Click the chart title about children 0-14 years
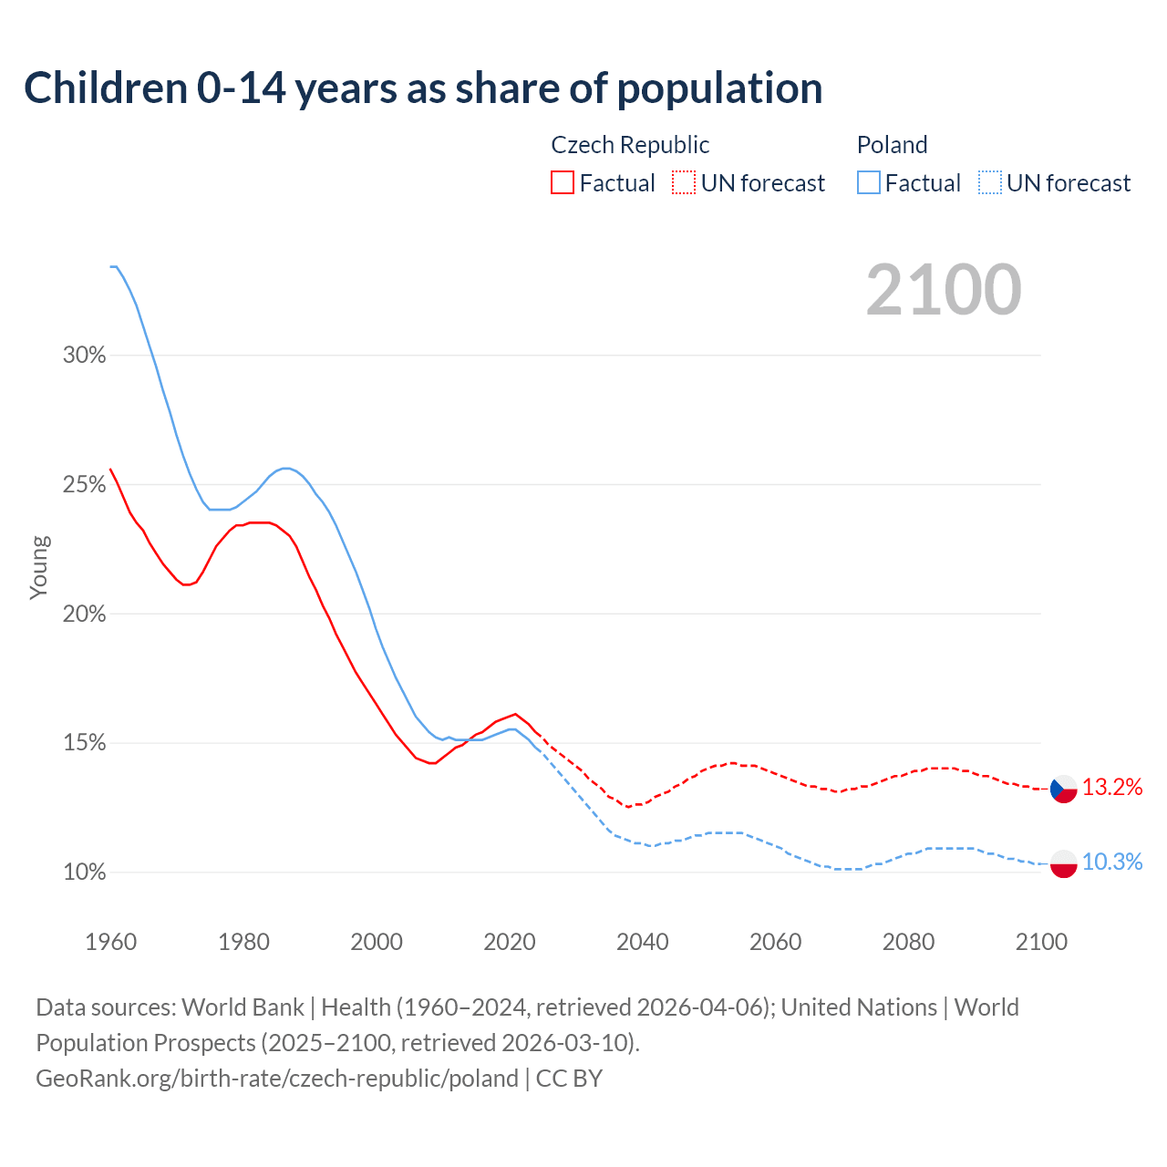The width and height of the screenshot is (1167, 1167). (423, 88)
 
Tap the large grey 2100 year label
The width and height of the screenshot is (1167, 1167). (944, 290)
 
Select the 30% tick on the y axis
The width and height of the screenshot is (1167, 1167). (85, 356)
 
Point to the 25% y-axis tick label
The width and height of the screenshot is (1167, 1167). (85, 485)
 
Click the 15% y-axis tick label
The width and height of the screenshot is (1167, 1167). (85, 743)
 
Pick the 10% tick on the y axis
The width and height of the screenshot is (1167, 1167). (85, 873)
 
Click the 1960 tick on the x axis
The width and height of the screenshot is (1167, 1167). (111, 942)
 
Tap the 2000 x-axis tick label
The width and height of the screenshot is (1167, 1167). (377, 942)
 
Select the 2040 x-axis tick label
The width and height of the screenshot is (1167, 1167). (643, 942)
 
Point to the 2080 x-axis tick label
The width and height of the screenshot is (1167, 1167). (908, 942)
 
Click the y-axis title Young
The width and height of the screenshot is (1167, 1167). (39, 567)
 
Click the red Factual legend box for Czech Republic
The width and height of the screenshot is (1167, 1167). (563, 183)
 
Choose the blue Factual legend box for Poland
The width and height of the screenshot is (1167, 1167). (869, 183)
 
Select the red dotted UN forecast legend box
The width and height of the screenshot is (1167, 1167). (684, 183)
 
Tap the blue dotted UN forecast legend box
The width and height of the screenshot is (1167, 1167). (990, 183)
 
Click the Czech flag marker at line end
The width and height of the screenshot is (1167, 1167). (1064, 789)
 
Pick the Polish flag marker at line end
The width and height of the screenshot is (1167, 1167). (1064, 863)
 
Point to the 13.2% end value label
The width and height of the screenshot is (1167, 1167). (1112, 788)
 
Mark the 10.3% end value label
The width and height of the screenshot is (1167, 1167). (1112, 862)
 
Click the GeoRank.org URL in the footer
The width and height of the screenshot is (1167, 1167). (277, 1079)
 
